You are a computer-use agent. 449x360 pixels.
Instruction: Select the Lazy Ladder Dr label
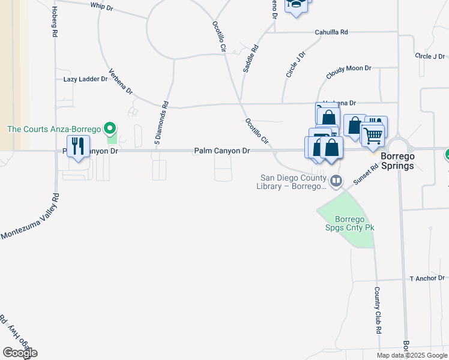coord(85,79)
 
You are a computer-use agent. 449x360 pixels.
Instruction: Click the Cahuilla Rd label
coord(331,32)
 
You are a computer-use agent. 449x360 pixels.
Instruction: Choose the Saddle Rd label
coord(250,59)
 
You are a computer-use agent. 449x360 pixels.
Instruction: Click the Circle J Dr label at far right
coord(430,56)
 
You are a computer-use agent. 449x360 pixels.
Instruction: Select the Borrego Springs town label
coord(397,161)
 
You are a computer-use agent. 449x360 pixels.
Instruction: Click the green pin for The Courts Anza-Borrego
coord(109,128)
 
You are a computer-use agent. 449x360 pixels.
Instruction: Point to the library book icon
coord(337,180)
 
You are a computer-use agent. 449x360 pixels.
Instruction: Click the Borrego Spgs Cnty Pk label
coord(346,223)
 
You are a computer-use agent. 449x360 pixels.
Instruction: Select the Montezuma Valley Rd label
coord(30,217)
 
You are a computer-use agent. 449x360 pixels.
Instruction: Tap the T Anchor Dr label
coord(427,278)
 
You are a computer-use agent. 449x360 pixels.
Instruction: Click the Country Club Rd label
coord(378,310)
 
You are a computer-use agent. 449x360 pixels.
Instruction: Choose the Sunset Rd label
coord(366,175)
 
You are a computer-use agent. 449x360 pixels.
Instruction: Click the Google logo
coord(19,353)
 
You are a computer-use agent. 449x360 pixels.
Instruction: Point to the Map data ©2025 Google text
coord(412,355)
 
